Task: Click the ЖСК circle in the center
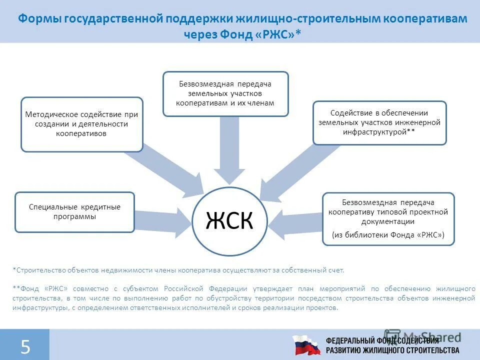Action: (x=230, y=220)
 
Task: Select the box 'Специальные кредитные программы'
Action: (x=74, y=212)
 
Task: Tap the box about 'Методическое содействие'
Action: (x=81, y=124)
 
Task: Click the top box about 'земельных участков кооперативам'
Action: (x=225, y=93)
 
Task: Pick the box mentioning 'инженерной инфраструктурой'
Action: (x=379, y=123)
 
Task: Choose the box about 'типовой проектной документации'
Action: (x=388, y=218)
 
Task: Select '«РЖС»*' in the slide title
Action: (x=281, y=34)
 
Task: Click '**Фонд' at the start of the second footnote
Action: (x=25, y=288)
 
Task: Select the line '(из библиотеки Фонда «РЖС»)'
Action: (x=388, y=234)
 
